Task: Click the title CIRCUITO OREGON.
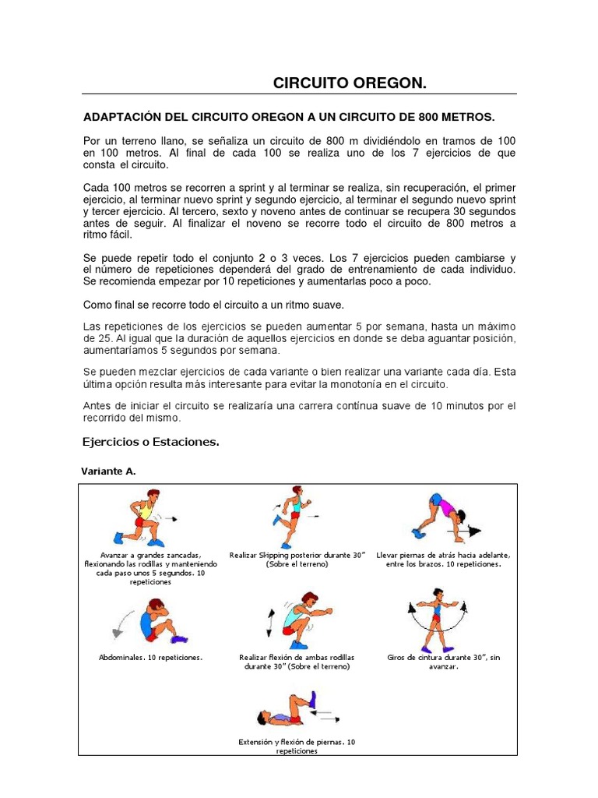click(349, 83)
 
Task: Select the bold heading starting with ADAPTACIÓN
click(288, 117)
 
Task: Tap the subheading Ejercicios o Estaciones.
click(150, 442)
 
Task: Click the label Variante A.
click(109, 471)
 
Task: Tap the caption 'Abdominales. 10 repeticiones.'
click(150, 657)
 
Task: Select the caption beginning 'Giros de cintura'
click(443, 662)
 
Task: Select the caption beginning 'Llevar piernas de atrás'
click(443, 559)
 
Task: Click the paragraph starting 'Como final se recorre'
click(213, 304)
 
